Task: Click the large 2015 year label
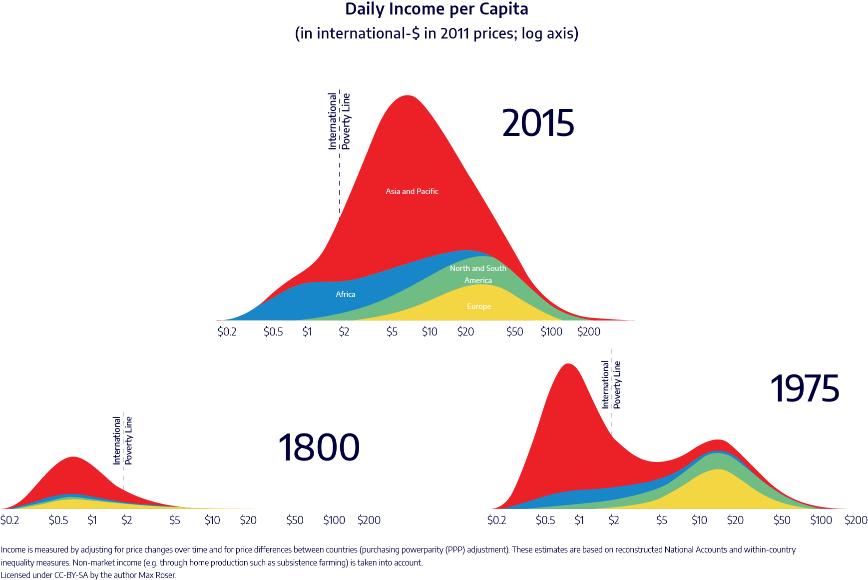click(538, 123)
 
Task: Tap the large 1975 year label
click(805, 389)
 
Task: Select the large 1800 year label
click(319, 447)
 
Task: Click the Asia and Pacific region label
click(412, 191)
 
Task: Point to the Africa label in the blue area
click(346, 294)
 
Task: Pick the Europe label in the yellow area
click(479, 306)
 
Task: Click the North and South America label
click(478, 274)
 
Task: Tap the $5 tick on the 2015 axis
click(392, 332)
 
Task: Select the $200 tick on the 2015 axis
click(589, 332)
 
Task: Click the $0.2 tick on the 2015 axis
click(227, 332)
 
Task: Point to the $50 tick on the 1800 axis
click(295, 520)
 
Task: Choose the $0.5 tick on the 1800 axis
click(58, 520)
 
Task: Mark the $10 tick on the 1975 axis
click(699, 520)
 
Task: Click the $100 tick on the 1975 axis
click(821, 520)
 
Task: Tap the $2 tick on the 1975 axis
click(614, 520)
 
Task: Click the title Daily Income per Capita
click(436, 9)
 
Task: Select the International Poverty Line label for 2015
click(339, 121)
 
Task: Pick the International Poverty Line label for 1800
click(123, 440)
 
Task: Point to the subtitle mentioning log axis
click(436, 33)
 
